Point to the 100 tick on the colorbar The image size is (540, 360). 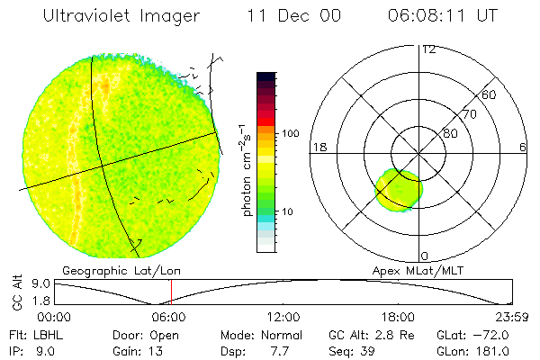coord(290,133)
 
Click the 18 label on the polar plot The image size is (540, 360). coord(318,147)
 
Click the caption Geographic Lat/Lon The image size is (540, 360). coord(107,270)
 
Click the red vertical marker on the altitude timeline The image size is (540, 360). coord(171,292)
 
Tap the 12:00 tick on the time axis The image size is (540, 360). coord(284,317)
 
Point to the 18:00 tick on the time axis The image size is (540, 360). coord(398,317)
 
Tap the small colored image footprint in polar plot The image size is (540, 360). coord(399,190)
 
